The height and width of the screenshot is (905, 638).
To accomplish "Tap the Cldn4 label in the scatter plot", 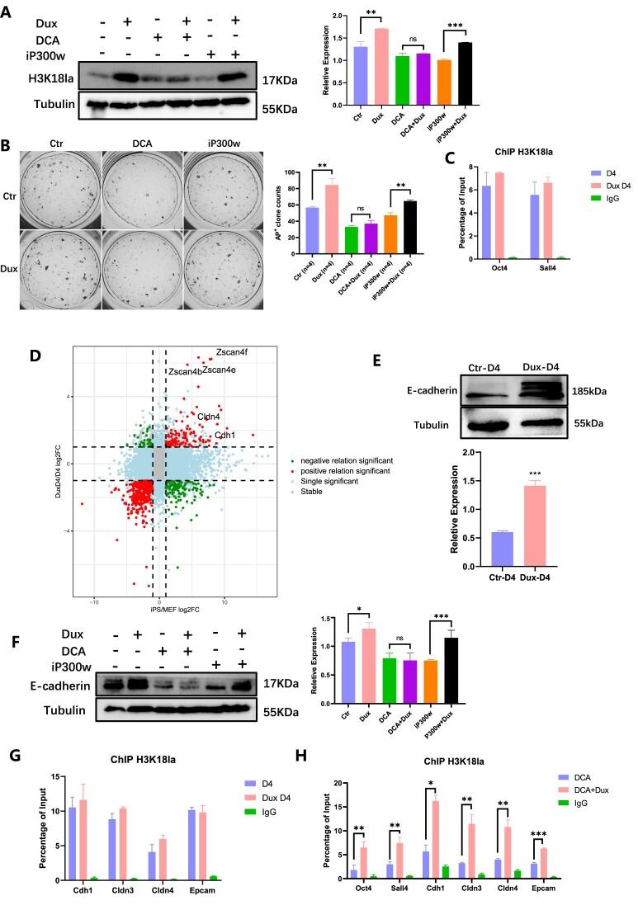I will point(208,417).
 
